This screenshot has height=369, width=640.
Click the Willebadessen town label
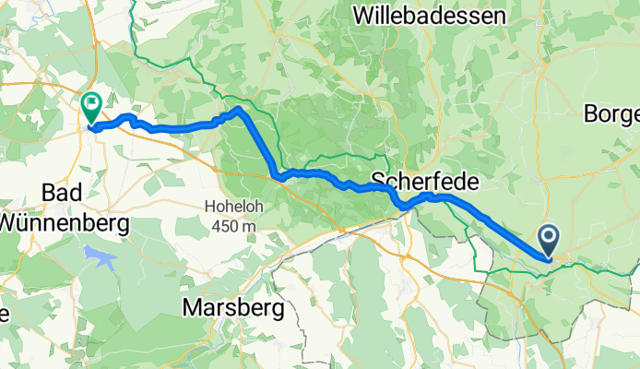pos(429,16)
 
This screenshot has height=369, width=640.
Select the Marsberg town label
pos(233,307)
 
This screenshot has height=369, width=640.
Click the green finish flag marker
pos(92,107)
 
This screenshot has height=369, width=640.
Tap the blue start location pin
pos(548,241)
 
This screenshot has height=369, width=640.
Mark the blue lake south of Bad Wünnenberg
pos(101,257)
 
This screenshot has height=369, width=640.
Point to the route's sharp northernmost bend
pos(239,109)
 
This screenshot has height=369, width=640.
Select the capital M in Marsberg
pos(192,307)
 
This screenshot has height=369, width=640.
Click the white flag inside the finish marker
pos(92,103)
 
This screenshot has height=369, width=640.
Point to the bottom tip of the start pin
pos(548,258)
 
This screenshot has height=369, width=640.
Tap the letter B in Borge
pos(591,114)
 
